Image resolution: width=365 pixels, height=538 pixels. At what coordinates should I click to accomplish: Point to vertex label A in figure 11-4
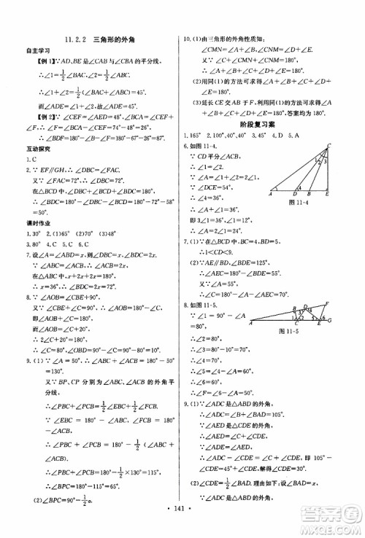tap(270, 194)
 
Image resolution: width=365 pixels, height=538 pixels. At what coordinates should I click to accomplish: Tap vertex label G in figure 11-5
tap(351, 300)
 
